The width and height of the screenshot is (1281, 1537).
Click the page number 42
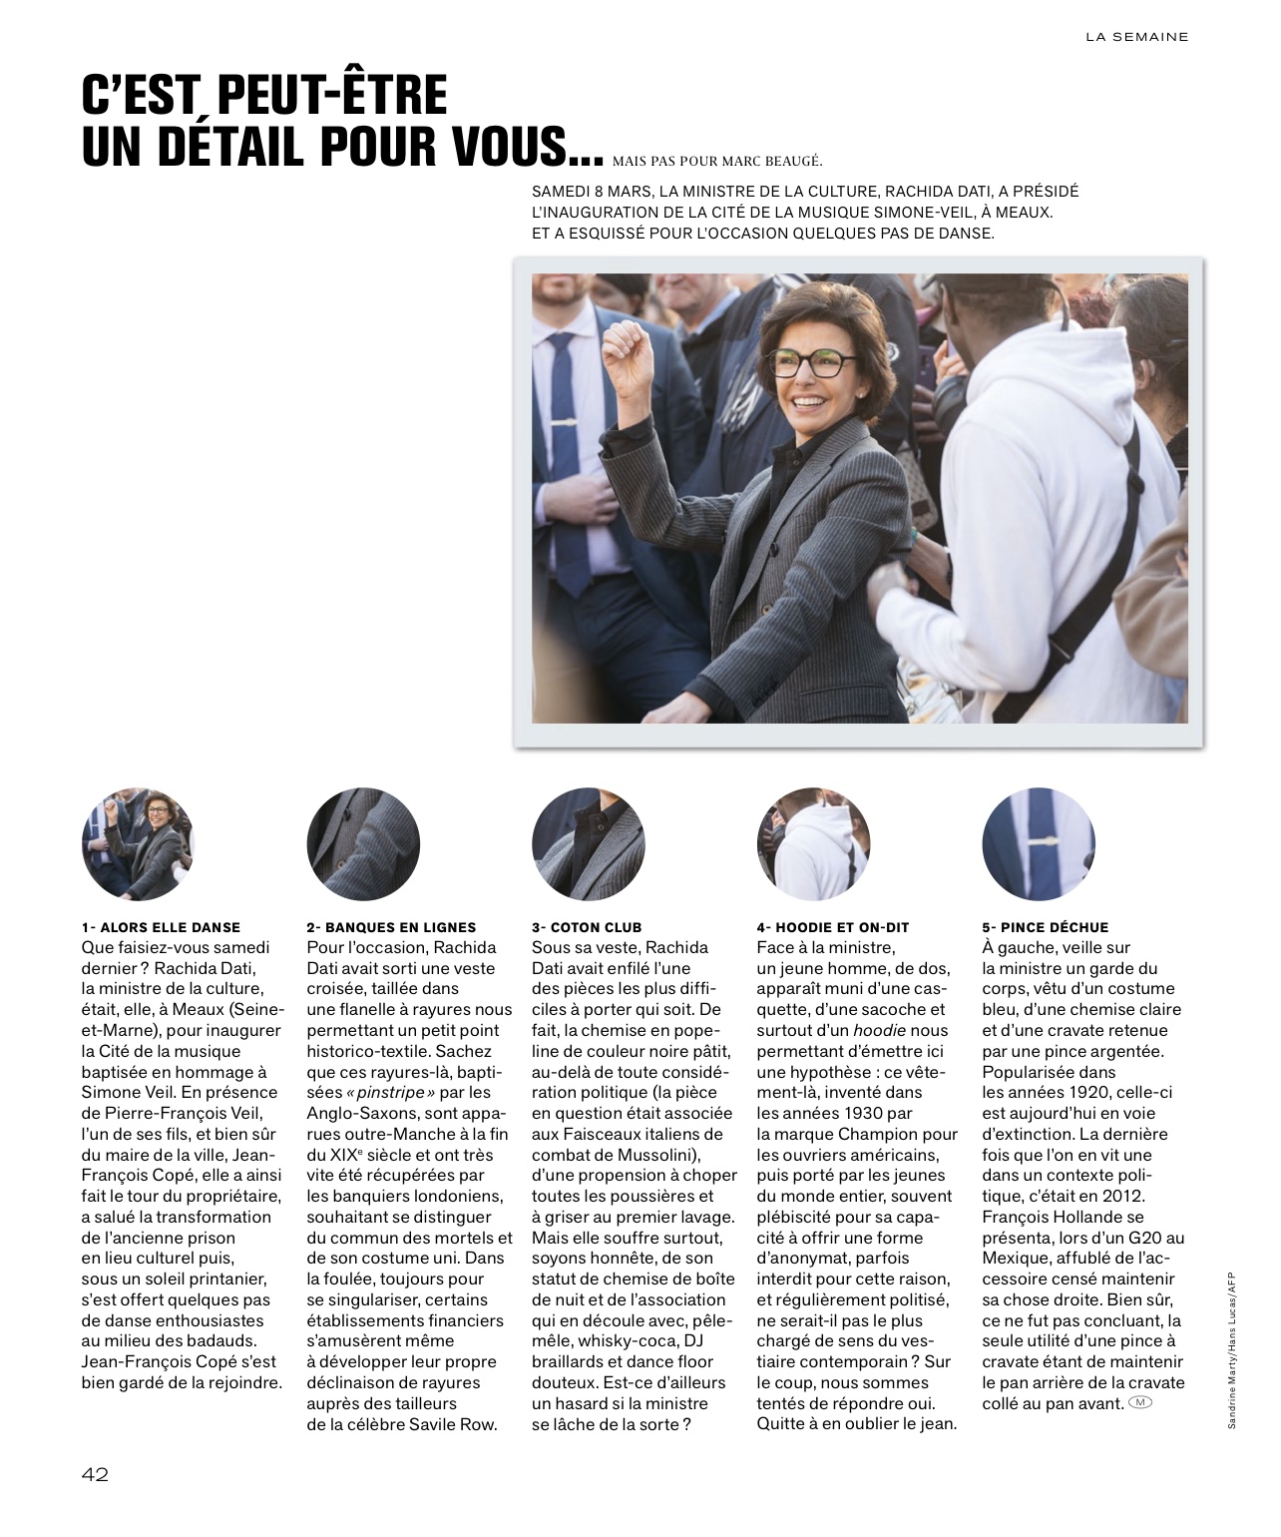95,1475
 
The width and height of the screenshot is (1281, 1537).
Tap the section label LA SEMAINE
1136,37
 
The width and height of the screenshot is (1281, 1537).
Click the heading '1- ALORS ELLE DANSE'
161,927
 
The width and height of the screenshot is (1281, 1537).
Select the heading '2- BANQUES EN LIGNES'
391,927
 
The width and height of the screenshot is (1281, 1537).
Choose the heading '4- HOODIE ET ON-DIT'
833,927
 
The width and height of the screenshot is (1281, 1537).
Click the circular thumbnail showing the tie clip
1039,843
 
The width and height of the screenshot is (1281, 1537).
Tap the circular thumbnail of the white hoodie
813,843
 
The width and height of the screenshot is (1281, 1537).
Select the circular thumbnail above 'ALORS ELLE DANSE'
137,843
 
